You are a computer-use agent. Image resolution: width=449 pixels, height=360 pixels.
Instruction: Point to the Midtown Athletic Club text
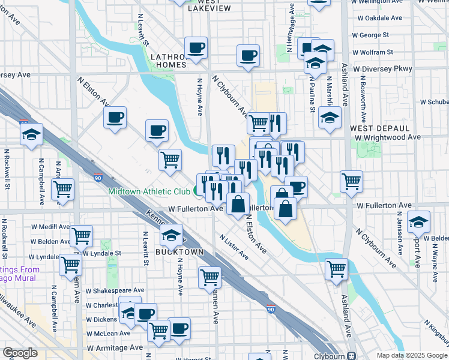pyautogui.click(x=149, y=192)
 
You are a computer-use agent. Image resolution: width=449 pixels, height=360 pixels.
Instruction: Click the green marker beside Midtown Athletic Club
pyautogui.click(x=197, y=191)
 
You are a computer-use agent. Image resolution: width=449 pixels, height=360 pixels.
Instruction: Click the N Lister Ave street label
pyautogui.click(x=234, y=247)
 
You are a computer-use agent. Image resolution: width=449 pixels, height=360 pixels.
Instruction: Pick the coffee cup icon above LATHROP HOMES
pyautogui.click(x=195, y=48)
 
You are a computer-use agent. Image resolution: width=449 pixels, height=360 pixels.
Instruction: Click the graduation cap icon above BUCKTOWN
pyautogui.click(x=172, y=235)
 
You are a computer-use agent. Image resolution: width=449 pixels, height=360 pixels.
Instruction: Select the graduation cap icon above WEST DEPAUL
pyautogui.click(x=330, y=118)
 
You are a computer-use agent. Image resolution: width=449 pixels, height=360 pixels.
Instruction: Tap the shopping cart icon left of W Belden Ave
pyautogui.click(x=80, y=236)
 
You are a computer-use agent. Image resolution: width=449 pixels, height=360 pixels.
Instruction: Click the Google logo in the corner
pyautogui.click(x=20, y=353)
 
